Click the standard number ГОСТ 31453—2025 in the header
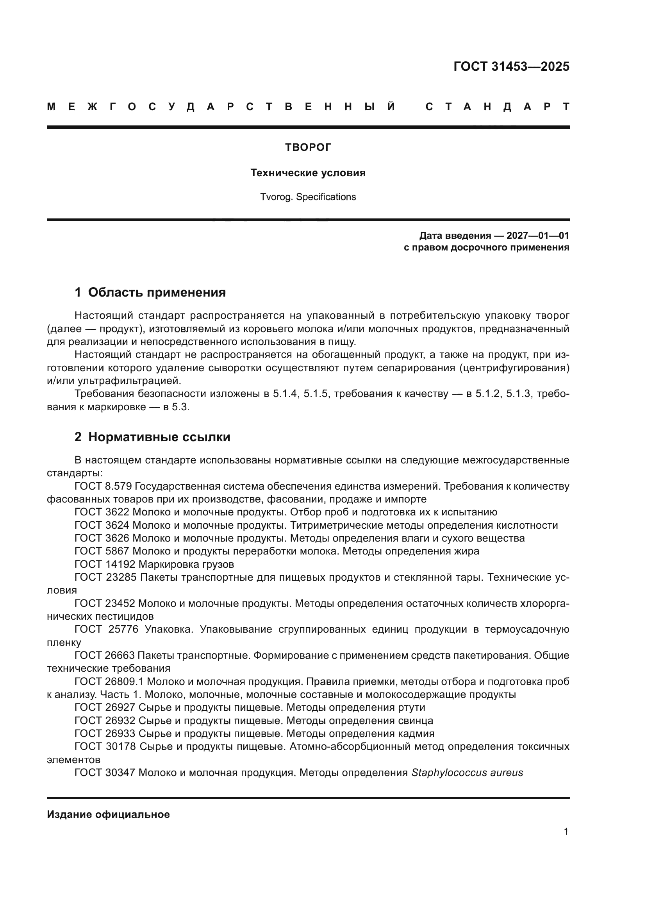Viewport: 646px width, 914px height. [511, 66]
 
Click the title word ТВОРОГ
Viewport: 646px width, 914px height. [308, 148]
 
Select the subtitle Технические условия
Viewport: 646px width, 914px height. [308, 173]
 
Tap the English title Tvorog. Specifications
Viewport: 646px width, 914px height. [308, 197]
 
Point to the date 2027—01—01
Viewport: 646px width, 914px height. [537, 236]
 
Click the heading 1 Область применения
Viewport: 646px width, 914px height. [150, 293]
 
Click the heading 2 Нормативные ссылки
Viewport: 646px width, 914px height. [152, 437]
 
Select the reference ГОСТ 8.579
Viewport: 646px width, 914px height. [103, 487]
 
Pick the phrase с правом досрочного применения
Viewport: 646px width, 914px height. [486, 248]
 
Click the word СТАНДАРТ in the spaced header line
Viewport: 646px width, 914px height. [497, 107]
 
